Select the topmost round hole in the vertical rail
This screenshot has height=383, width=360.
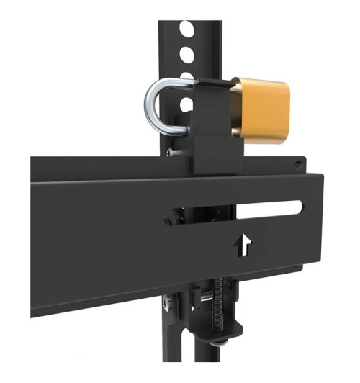pyautogui.click(x=186, y=30)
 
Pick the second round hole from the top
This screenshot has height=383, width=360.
pyautogui.click(x=186, y=53)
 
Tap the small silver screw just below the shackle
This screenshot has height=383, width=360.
pyautogui.click(x=171, y=152)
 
